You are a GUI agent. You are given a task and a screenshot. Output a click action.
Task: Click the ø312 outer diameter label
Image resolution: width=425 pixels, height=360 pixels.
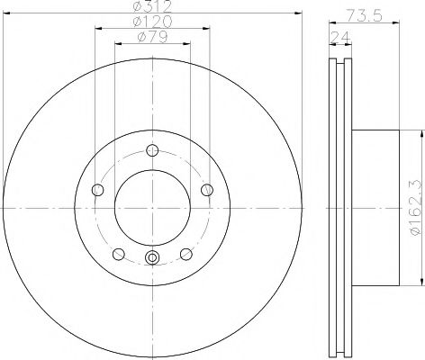coord(152,8)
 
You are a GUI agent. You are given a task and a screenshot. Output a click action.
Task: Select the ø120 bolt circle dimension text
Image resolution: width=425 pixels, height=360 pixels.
coord(152,22)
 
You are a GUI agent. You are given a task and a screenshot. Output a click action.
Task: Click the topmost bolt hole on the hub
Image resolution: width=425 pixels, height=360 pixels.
coord(152,150)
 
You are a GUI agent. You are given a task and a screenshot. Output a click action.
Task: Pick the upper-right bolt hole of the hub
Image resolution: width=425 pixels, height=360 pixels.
coord(207,189)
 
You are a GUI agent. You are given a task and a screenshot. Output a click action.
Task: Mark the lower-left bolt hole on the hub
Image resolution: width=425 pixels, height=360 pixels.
coord(118,254)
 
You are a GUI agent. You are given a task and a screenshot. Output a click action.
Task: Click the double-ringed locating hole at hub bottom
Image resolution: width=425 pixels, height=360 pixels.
coord(152,259)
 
